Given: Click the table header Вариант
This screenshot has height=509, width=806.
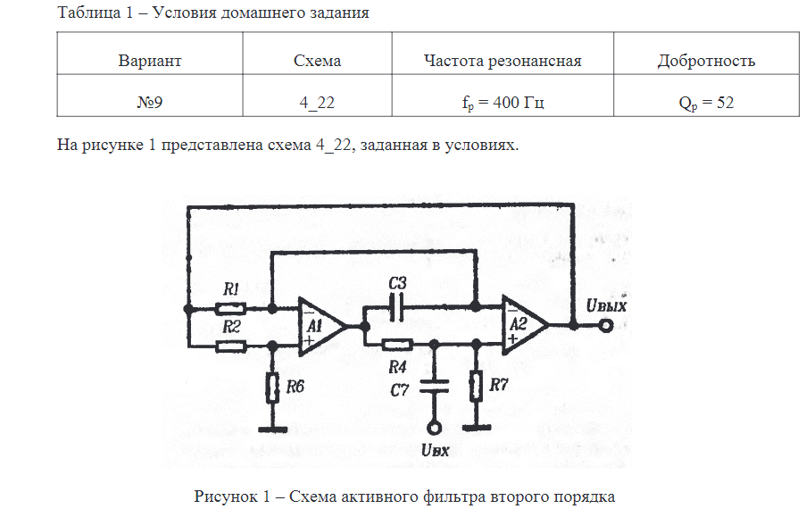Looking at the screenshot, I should point(149,61).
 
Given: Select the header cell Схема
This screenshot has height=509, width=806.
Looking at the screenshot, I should point(317,61).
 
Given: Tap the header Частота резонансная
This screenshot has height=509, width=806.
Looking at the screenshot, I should point(503,61).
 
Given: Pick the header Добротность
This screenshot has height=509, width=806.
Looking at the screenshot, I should point(705,61).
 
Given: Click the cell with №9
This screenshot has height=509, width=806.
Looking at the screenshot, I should point(149,103).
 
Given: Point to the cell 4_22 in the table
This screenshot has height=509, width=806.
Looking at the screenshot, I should point(317,103).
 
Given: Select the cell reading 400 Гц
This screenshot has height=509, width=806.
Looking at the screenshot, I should point(503,103).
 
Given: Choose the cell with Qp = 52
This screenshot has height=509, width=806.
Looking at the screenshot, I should point(705,103).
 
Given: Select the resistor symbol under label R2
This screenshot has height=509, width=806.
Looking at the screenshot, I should point(232,345).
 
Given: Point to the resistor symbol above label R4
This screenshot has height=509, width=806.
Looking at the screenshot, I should point(396,345).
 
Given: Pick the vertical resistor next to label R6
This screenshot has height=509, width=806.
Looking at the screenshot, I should point(270,387).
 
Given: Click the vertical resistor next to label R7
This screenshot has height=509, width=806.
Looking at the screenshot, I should point(476,387).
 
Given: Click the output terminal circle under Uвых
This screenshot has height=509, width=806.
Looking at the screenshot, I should point(606,325).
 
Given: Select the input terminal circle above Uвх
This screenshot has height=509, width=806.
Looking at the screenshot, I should point(434,428).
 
